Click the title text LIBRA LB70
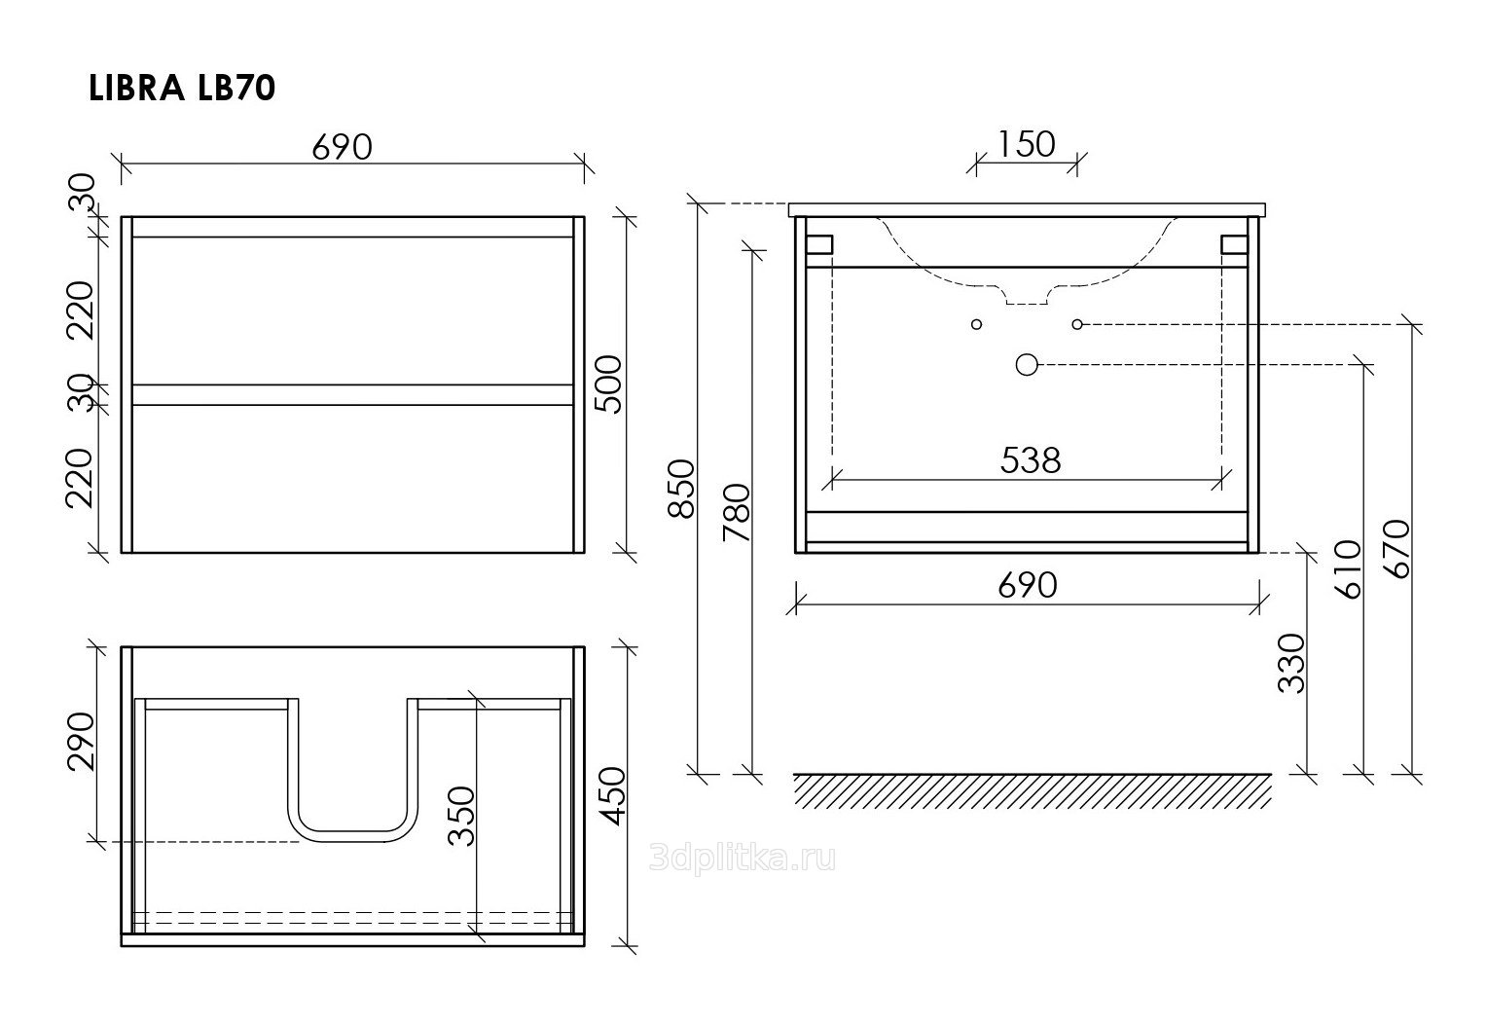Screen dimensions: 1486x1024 pyautogui.click(x=182, y=89)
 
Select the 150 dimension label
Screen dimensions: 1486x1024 pyautogui.click(x=1026, y=144)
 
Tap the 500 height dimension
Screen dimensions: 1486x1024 pyautogui.click(x=608, y=384)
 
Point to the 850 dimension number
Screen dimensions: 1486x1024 pyautogui.click(x=680, y=489)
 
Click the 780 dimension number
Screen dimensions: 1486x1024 pyautogui.click(x=737, y=513)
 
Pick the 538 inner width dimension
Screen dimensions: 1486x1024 pyautogui.click(x=1031, y=459)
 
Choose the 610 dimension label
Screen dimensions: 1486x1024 pyautogui.click(x=1348, y=569)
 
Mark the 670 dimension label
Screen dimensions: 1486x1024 pyautogui.click(x=1396, y=550)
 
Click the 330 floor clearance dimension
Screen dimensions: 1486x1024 pyautogui.click(x=1291, y=664)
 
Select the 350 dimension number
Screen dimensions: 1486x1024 pyautogui.click(x=461, y=817)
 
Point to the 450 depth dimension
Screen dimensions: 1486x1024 pyautogui.click(x=612, y=796)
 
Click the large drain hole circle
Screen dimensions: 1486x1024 pyautogui.click(x=1027, y=364)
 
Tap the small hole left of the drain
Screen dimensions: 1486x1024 pyautogui.click(x=976, y=324)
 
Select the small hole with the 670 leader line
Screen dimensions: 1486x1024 pyautogui.click(x=1077, y=324)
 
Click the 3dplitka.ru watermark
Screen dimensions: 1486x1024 pyautogui.click(x=743, y=859)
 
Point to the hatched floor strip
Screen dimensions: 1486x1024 pyautogui.click(x=1033, y=791)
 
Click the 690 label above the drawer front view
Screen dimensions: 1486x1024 pyautogui.click(x=343, y=147)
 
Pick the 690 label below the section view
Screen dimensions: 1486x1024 pyautogui.click(x=1028, y=585)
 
